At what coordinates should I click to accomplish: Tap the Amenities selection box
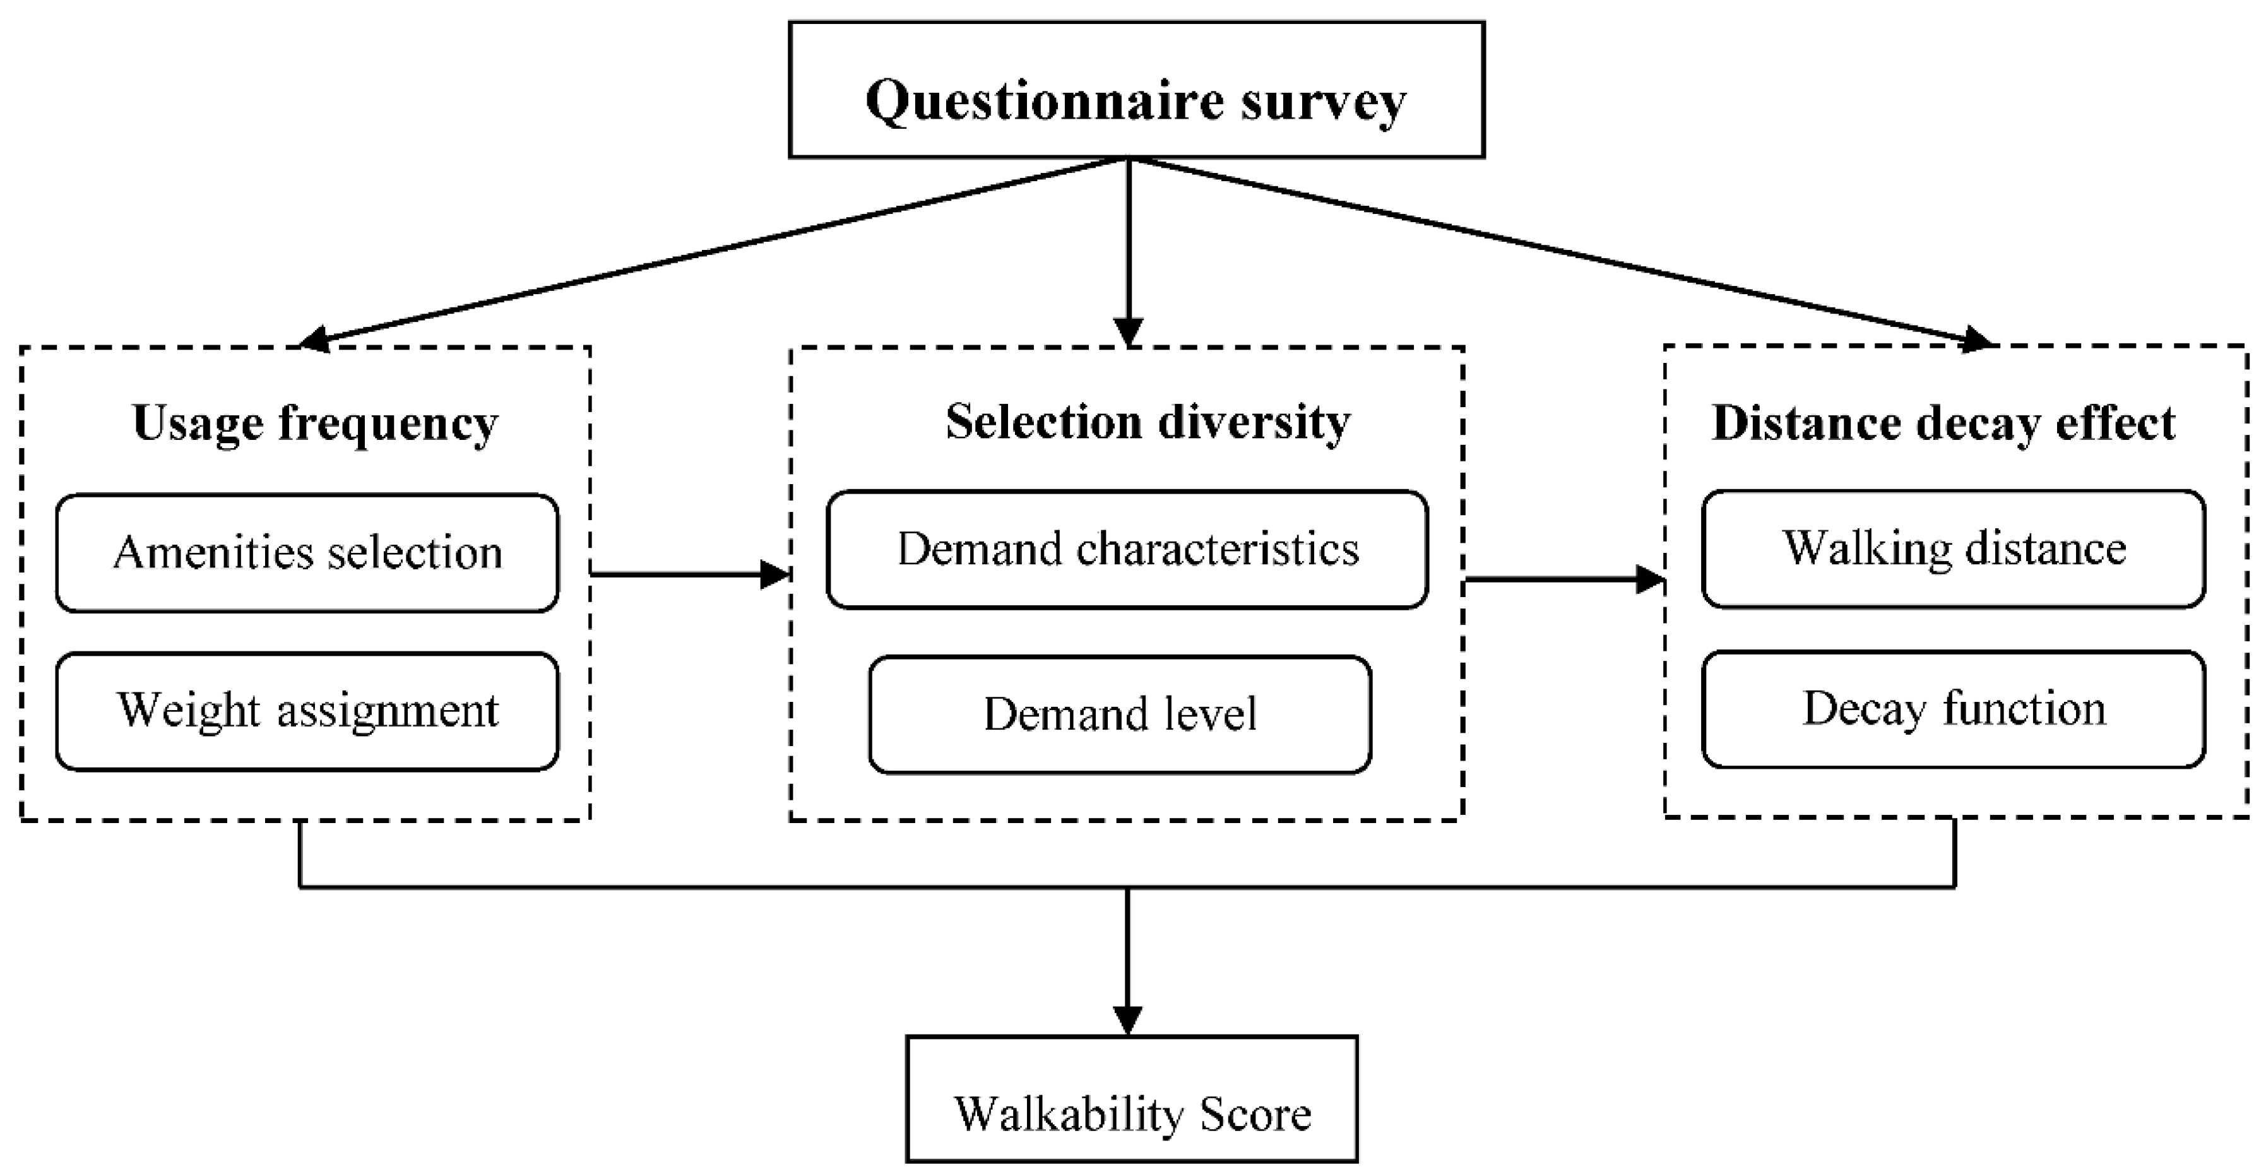(307, 553)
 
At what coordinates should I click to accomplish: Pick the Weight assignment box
(307, 711)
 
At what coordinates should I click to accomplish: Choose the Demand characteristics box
(1127, 550)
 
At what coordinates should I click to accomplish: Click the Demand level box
(1120, 714)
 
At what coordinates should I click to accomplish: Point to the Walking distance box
(1953, 548)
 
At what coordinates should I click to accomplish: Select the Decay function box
(1953, 709)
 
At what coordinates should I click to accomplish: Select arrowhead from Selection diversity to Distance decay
(1650, 579)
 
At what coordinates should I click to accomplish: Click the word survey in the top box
(1323, 102)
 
